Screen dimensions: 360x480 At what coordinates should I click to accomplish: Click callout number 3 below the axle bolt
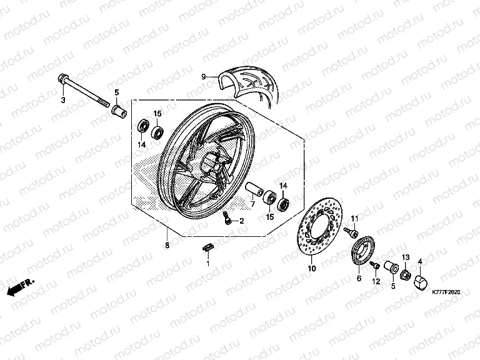tap(62, 100)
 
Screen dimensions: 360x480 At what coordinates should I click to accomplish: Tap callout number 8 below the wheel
tap(167, 246)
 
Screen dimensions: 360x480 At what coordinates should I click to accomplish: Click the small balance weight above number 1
tap(207, 249)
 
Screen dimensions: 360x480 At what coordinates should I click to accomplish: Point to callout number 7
tap(253, 204)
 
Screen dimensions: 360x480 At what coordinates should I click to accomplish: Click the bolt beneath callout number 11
tap(354, 234)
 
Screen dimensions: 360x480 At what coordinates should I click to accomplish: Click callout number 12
tap(376, 282)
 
